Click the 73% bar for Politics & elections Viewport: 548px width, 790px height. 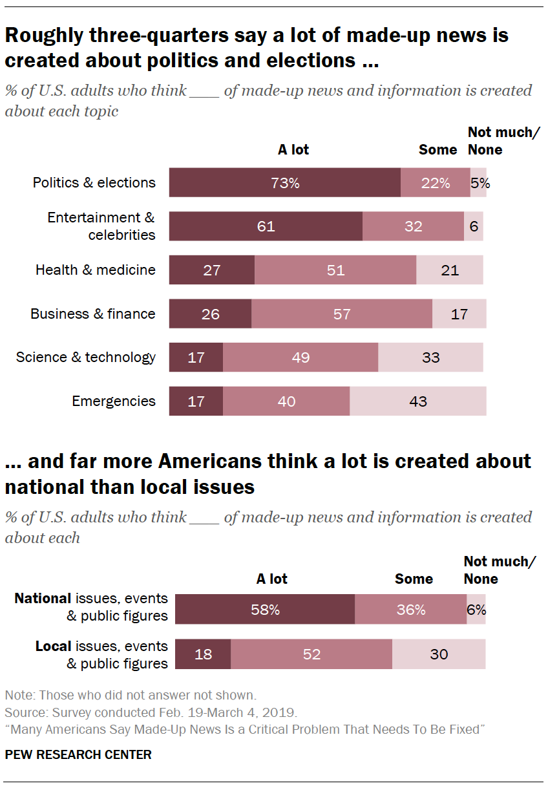coord(285,183)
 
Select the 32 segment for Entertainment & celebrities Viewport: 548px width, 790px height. coord(413,226)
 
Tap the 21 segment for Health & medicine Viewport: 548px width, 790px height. coord(450,270)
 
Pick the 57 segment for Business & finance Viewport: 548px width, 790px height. coord(342,314)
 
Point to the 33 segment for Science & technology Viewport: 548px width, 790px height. coord(430,358)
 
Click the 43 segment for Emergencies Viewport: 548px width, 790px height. coord(418,401)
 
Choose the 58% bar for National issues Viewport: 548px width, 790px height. coord(265,610)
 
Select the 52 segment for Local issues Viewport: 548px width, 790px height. coord(311,654)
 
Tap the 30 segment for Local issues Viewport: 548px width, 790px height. coord(439,654)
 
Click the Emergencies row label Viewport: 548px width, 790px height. coord(114,401)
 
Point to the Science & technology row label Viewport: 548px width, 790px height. coord(86,358)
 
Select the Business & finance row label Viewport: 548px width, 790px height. coord(93,314)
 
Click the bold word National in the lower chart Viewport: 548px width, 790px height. coord(43,599)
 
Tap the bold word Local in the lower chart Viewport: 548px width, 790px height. coord(53,646)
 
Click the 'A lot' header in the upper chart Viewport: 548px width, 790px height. coord(293,150)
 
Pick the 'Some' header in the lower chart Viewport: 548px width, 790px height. coord(414,579)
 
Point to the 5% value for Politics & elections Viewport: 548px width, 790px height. coord(480,183)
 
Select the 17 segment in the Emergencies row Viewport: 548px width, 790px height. coord(196,401)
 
